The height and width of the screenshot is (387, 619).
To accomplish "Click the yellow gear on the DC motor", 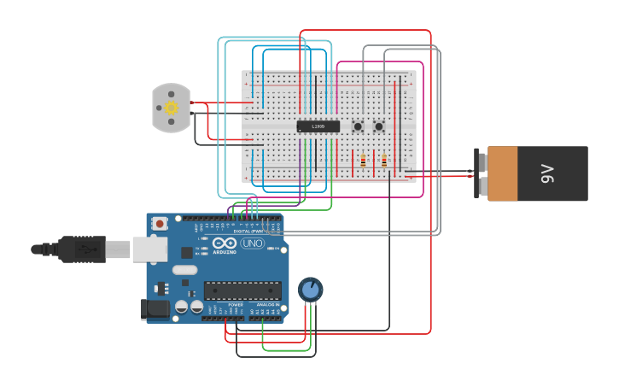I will pyautogui.click(x=171, y=108).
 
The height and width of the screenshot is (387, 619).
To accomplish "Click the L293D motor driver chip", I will pyautogui.click(x=318, y=126).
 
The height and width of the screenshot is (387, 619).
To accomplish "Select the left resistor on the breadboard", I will pyautogui.click(x=363, y=161).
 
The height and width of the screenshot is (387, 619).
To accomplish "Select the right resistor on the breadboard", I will pyautogui.click(x=384, y=161).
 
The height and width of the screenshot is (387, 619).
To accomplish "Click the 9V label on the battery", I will pyautogui.click(x=547, y=174).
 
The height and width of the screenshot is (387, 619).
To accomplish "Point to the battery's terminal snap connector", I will pyautogui.click(x=481, y=174).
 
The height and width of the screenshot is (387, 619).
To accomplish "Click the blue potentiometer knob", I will pyautogui.click(x=311, y=290).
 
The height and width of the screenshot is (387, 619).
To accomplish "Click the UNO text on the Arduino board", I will pyautogui.click(x=253, y=243).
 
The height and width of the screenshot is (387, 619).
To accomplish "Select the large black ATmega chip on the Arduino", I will pyautogui.click(x=242, y=290).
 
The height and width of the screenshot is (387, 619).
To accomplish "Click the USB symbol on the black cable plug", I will pyautogui.click(x=85, y=249).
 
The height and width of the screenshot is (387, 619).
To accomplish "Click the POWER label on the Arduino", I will pyautogui.click(x=236, y=305).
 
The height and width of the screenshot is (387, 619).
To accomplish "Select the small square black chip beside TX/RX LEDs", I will pyautogui.click(x=187, y=252).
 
